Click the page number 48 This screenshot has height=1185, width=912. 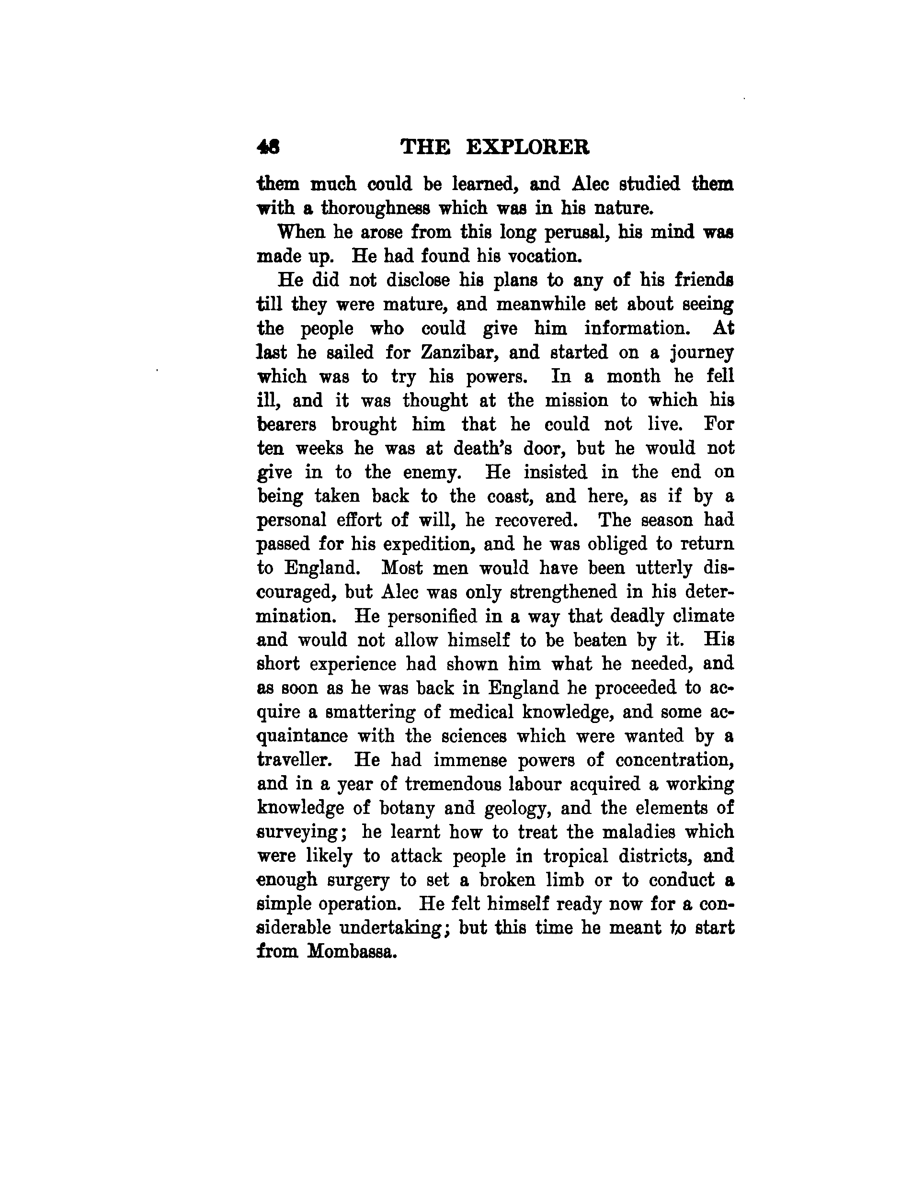click(x=269, y=147)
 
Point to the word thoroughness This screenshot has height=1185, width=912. click(x=374, y=208)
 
